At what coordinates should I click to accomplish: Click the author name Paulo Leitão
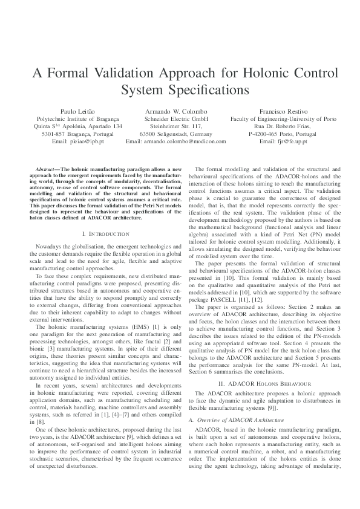[78, 112]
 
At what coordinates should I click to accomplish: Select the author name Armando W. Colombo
[175, 112]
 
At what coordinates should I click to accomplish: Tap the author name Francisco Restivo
[283, 112]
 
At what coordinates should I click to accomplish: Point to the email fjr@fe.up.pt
[283, 141]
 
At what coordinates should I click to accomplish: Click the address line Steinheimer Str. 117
[175, 126]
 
